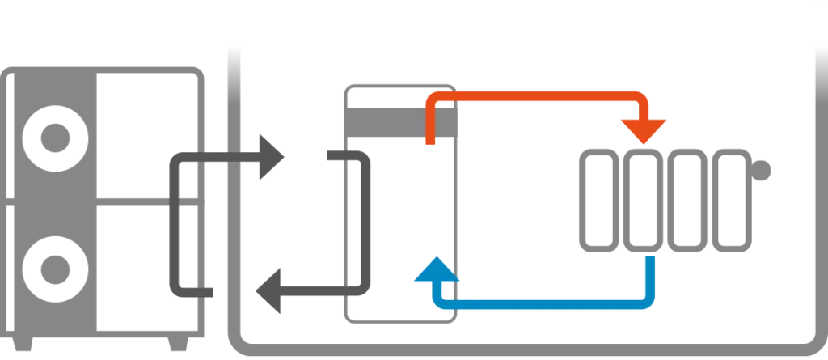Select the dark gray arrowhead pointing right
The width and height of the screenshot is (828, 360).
click(x=270, y=155)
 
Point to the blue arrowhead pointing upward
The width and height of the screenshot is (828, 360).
click(x=437, y=271)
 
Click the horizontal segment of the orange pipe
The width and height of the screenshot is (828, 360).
click(x=534, y=95)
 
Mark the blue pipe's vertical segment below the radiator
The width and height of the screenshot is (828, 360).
click(x=649, y=279)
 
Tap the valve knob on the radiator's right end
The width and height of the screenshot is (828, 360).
click(x=764, y=170)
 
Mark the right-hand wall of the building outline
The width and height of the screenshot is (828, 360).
click(x=817, y=202)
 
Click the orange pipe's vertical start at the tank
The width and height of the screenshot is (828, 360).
click(x=431, y=125)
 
